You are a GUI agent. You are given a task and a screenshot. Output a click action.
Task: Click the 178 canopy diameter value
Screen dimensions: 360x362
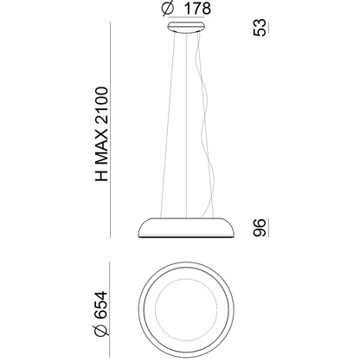(x=197, y=9)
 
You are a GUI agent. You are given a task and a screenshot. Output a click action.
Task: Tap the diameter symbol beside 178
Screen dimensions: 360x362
(x=168, y=8)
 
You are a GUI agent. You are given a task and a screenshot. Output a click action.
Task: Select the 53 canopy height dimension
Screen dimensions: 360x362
(x=260, y=28)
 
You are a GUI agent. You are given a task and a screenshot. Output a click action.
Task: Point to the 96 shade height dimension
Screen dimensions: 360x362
(x=260, y=228)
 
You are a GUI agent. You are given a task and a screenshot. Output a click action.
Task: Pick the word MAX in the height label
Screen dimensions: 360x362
(x=101, y=150)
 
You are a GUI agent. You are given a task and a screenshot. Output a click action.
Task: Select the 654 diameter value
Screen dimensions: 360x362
(x=101, y=305)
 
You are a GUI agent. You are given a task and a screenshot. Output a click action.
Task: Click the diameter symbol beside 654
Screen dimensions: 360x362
(x=101, y=330)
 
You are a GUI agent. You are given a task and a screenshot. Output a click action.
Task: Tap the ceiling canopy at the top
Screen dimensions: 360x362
(x=186, y=27)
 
